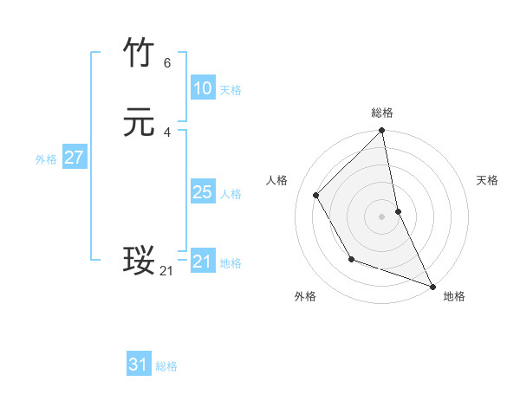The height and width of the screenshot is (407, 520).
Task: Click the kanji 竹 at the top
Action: point(139,54)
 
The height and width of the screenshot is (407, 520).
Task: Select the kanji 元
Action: point(139,123)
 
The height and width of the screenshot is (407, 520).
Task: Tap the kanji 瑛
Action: point(139,261)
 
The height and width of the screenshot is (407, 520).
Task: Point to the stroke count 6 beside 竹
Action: point(167,63)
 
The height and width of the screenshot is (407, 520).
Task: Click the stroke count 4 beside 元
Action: point(167,132)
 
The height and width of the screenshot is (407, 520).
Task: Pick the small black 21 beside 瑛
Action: point(166,271)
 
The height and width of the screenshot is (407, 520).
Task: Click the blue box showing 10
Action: point(202,88)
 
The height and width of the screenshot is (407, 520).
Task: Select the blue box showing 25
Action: point(202,192)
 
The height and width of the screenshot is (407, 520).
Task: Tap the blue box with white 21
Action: point(202,262)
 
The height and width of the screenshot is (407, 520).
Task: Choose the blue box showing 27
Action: point(74,158)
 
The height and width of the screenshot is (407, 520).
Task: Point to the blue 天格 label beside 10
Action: point(231,90)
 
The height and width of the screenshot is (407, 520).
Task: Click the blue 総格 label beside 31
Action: point(166,366)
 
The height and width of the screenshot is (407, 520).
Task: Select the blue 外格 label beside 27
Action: point(46,159)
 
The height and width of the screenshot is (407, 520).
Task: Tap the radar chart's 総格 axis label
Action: point(382,113)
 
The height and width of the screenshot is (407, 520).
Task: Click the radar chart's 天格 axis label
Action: point(487,180)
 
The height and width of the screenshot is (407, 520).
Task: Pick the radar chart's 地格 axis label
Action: point(454,297)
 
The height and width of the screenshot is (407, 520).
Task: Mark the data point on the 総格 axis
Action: point(382,132)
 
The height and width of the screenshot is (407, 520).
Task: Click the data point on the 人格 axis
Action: point(316,195)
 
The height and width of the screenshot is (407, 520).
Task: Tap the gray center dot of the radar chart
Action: point(382,216)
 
